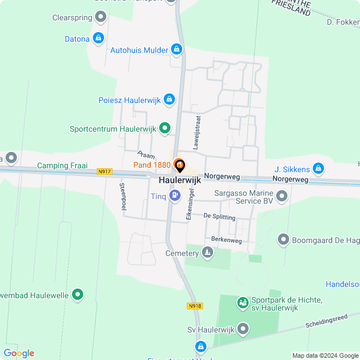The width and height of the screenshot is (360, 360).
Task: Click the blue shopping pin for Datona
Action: (99, 38)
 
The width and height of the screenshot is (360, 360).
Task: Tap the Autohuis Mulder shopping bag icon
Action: (177, 50)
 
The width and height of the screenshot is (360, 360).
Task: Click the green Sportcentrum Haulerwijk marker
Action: (165, 129)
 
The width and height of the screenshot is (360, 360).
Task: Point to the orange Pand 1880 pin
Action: (179, 165)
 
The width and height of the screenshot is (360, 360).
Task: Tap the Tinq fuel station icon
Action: (175, 196)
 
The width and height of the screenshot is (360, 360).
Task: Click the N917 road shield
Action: (104, 172)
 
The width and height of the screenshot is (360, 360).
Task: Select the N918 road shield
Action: (195, 306)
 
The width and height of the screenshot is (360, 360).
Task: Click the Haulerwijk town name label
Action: (180, 181)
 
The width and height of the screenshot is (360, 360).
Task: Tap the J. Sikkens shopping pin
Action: (318, 168)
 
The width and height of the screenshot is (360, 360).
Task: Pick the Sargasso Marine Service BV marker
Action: (282, 196)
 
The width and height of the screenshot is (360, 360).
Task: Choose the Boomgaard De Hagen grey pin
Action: (283, 240)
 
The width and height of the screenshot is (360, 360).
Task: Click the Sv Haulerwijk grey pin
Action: (243, 328)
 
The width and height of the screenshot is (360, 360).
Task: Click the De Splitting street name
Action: (220, 216)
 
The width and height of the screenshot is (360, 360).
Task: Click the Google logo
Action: (19, 353)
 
